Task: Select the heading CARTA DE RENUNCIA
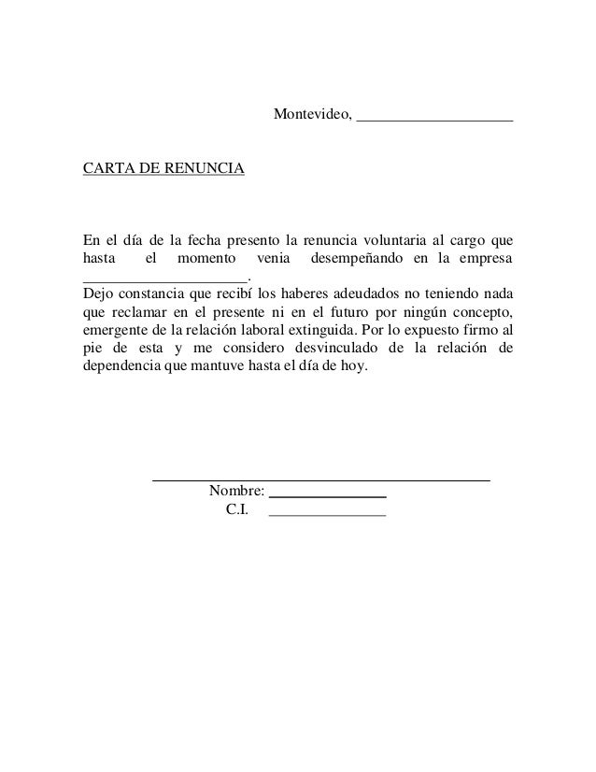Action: pyautogui.click(x=163, y=169)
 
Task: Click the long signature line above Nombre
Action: pyautogui.click(x=320, y=479)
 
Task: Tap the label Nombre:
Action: pyautogui.click(x=237, y=492)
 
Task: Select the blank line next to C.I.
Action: pyautogui.click(x=327, y=515)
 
